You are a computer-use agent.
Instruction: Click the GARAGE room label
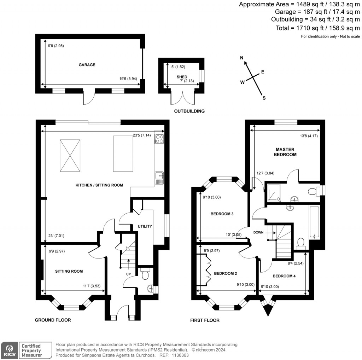(x=87, y=65)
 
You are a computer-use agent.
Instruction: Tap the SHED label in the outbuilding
(x=182, y=77)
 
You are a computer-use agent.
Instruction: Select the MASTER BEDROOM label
(x=285, y=152)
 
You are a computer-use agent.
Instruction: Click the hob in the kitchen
(x=159, y=139)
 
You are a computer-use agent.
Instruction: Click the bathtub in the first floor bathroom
(x=314, y=221)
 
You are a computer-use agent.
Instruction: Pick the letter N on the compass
(x=242, y=58)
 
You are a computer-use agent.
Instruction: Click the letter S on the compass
(x=263, y=98)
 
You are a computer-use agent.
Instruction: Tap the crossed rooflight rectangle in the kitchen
(x=70, y=155)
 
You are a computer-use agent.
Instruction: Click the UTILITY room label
(x=145, y=226)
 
